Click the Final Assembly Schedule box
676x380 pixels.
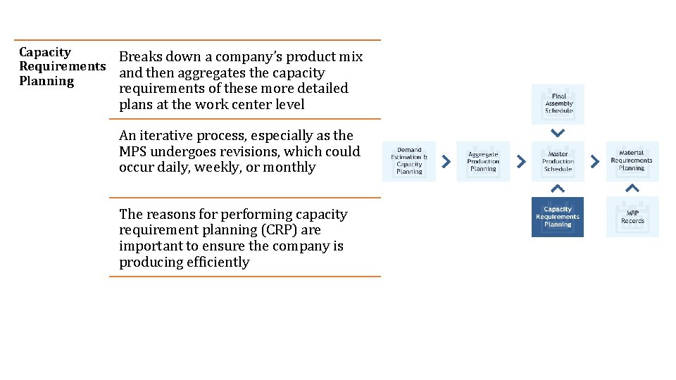tap(558, 103)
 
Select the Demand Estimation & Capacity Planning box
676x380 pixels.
tap(409, 161)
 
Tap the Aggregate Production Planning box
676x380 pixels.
tap(483, 161)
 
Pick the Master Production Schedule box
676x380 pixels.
tap(558, 161)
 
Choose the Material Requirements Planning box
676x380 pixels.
tap(632, 161)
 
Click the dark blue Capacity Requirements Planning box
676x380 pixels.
tap(558, 217)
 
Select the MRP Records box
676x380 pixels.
tap(632, 217)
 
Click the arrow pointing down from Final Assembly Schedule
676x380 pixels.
tap(558, 132)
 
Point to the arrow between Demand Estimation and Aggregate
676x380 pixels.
tap(446, 161)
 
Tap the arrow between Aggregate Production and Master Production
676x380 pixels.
tap(521, 161)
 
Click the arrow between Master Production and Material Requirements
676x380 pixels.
tap(594, 161)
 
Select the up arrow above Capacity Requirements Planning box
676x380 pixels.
tap(558, 188)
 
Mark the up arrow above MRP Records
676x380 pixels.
tap(632, 188)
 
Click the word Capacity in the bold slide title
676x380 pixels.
tap(45, 52)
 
